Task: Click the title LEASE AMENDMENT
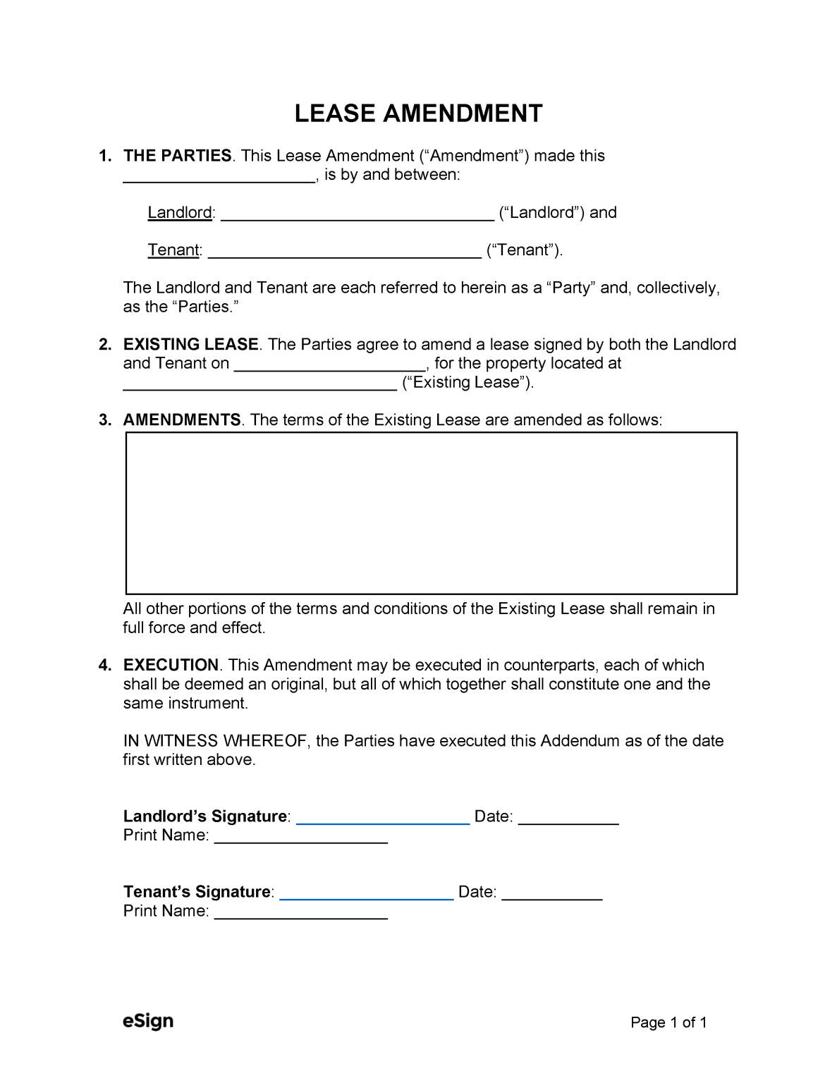(x=418, y=114)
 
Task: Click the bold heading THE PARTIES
(x=177, y=156)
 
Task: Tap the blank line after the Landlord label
(x=357, y=214)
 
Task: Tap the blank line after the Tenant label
(x=344, y=252)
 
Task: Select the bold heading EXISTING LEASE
(x=190, y=344)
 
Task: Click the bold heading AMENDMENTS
(x=181, y=420)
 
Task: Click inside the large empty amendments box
(x=431, y=513)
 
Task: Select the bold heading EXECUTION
(x=171, y=665)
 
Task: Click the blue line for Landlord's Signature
(x=383, y=818)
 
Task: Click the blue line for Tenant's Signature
(x=366, y=893)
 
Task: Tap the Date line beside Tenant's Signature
(x=551, y=893)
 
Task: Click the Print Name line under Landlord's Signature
(x=301, y=837)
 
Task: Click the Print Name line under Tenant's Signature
(x=301, y=912)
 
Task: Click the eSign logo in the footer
(x=148, y=1021)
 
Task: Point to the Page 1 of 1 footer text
(x=668, y=1022)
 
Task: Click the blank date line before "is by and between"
(x=219, y=176)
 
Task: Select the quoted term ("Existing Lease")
(x=468, y=383)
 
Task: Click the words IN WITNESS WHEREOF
(x=216, y=741)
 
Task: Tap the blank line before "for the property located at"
(x=329, y=365)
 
